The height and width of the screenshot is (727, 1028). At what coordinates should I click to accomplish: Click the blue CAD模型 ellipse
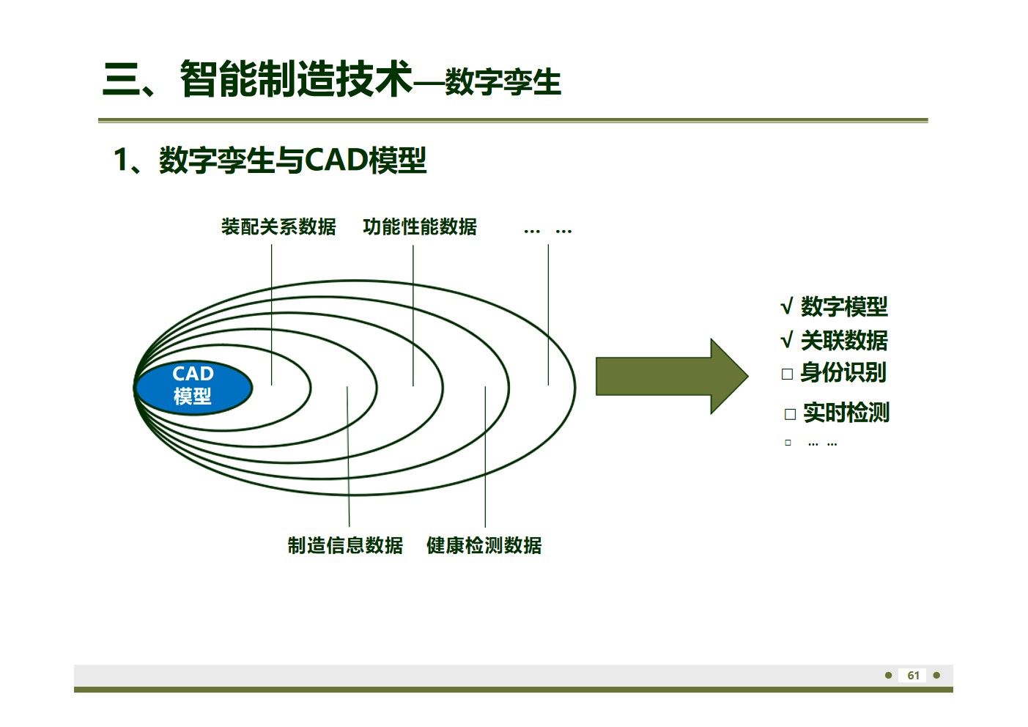(x=193, y=386)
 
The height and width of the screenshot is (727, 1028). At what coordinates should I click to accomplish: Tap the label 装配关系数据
(x=278, y=227)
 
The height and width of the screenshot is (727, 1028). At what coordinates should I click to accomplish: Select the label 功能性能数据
(x=420, y=227)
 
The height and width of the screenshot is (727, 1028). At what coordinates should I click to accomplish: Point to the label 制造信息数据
(x=345, y=545)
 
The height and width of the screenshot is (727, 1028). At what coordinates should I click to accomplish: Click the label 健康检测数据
(x=484, y=545)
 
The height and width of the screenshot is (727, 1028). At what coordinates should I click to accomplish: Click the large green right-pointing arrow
(x=670, y=377)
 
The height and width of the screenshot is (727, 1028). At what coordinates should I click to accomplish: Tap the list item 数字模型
(x=844, y=306)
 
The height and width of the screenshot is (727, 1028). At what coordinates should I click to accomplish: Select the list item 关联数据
(x=844, y=340)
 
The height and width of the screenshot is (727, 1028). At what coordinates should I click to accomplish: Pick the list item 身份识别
(x=843, y=373)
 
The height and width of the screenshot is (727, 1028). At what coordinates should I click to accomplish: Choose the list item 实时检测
(x=846, y=413)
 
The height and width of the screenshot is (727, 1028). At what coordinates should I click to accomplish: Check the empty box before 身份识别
(x=788, y=374)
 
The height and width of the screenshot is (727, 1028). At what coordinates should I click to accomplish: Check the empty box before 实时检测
(x=790, y=414)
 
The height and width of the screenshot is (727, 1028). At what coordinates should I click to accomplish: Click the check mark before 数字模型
(x=787, y=307)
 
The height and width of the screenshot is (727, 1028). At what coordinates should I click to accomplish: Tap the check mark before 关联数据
(x=787, y=341)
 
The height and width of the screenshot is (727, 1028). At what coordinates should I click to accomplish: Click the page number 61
(x=913, y=676)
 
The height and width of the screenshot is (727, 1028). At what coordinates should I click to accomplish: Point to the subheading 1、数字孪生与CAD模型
(x=270, y=160)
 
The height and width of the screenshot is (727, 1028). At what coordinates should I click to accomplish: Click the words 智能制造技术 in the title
(x=296, y=79)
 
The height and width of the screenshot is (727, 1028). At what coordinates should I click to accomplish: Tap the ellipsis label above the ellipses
(x=547, y=230)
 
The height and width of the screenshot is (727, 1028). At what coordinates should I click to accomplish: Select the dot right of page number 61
(x=936, y=675)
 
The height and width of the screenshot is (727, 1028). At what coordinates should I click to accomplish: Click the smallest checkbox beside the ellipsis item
(x=788, y=443)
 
